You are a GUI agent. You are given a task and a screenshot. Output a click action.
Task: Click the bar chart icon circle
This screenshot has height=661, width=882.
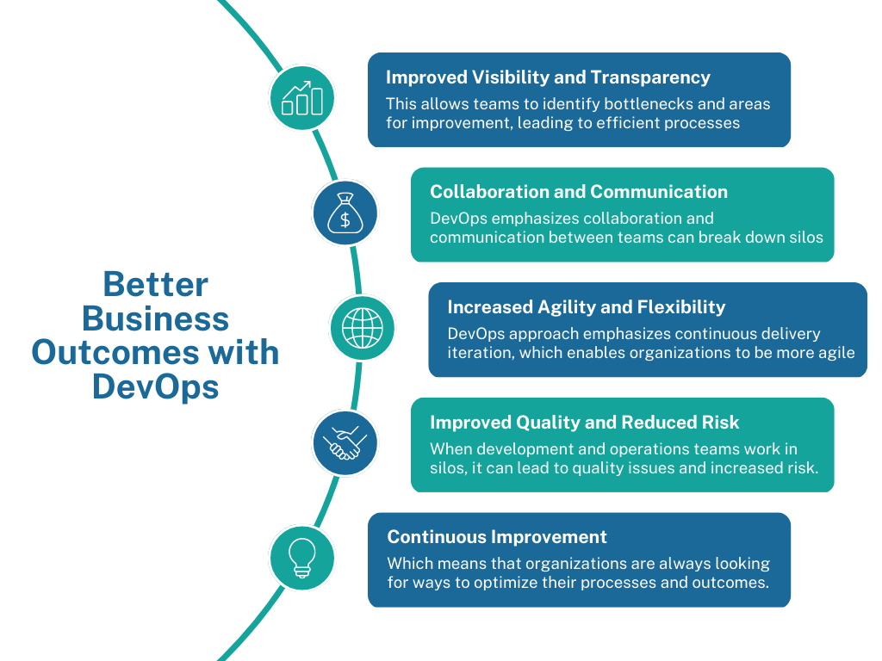tap(301, 98)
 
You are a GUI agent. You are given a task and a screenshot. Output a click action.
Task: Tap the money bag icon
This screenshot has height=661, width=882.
tap(345, 213)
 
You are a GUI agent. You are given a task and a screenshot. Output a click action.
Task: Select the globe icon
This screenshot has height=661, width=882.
tap(362, 328)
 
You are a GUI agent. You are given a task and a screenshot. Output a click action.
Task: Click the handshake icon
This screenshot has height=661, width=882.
tap(345, 442)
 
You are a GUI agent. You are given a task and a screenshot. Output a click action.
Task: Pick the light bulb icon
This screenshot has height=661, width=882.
tap(301, 557)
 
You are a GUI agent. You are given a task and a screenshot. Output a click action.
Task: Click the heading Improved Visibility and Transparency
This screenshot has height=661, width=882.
tap(548, 77)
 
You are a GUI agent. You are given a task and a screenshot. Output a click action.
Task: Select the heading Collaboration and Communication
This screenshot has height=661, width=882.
tap(579, 192)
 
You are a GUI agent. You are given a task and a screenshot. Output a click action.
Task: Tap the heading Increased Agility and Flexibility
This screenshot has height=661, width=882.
tap(587, 307)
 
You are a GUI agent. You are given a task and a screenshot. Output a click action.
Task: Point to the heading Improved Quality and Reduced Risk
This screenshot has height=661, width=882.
tap(585, 423)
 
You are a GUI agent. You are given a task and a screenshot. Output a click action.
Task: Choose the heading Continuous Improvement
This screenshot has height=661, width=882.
tap(497, 537)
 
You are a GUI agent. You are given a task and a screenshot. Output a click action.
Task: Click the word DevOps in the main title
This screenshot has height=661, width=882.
tap(156, 386)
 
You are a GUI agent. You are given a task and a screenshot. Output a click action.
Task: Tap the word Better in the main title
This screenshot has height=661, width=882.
tap(156, 284)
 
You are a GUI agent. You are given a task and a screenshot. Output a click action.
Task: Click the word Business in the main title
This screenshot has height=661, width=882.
tap(156, 318)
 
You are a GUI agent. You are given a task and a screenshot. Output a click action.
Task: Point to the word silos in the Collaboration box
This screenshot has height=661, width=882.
tap(803, 237)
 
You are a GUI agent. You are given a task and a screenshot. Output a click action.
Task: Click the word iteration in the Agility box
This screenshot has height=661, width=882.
tap(478, 352)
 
